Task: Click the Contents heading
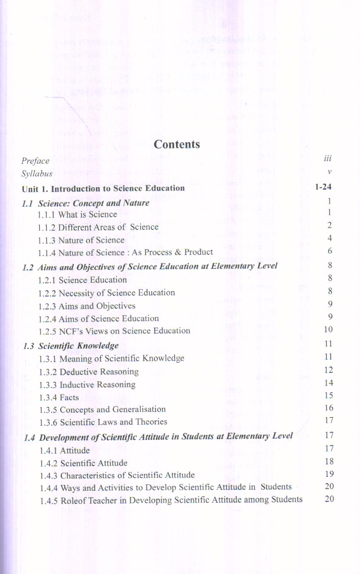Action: click(177, 144)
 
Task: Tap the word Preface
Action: click(35, 161)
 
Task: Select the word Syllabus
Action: click(37, 174)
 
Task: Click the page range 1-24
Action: click(323, 187)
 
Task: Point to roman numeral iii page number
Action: click(327, 158)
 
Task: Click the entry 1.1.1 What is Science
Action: click(77, 215)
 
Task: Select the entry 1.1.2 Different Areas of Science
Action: click(98, 227)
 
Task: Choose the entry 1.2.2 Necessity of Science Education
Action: click(107, 293)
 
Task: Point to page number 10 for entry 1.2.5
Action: click(328, 329)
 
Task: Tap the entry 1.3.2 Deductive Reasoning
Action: click(89, 372)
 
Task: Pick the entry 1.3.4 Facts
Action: click(59, 398)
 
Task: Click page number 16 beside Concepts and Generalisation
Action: click(329, 408)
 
